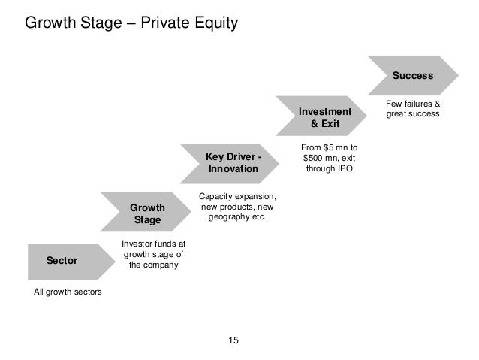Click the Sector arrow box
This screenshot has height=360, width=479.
click(62, 261)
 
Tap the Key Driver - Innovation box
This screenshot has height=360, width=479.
click(233, 163)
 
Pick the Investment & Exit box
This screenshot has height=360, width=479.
click(325, 117)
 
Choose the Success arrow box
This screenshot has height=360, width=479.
click(413, 76)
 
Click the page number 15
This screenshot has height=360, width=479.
click(233, 341)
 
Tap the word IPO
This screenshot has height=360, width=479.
click(343, 169)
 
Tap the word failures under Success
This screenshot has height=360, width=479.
click(411, 104)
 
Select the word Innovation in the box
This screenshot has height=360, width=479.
click(233, 170)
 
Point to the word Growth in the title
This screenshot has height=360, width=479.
click(50, 23)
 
